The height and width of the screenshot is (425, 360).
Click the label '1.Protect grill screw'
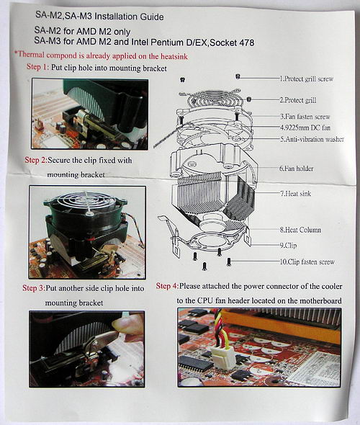pos(307,79)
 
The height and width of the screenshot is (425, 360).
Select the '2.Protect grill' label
pos(298,100)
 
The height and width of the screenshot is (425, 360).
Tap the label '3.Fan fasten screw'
pos(305,117)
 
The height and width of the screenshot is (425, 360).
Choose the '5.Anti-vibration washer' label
pos(312,139)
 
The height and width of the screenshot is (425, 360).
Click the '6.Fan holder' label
pos(297,169)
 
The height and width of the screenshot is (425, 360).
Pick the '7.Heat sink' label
pos(295,194)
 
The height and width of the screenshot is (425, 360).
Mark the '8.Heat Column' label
pos(300,230)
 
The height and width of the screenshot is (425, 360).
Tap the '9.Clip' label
pos(288,246)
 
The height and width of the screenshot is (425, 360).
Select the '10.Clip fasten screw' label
pos(307,261)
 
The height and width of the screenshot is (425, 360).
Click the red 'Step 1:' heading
pos(37,67)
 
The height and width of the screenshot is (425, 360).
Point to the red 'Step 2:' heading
pos(36,160)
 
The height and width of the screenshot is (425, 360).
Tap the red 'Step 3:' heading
pos(34,288)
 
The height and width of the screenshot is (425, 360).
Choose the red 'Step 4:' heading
pos(168,286)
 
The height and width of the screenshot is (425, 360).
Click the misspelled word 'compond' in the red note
pos(61,55)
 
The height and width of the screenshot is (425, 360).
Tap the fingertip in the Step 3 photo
pos(120,323)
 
